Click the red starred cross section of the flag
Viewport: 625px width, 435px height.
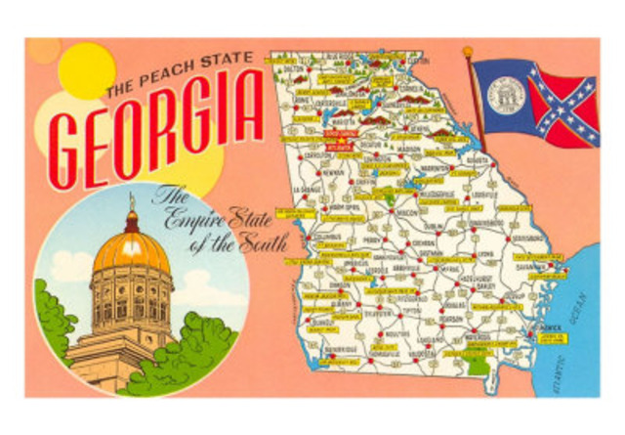coord(563,108)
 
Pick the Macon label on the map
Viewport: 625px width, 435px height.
coord(407,211)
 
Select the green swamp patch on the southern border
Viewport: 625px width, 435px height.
coord(477,367)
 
